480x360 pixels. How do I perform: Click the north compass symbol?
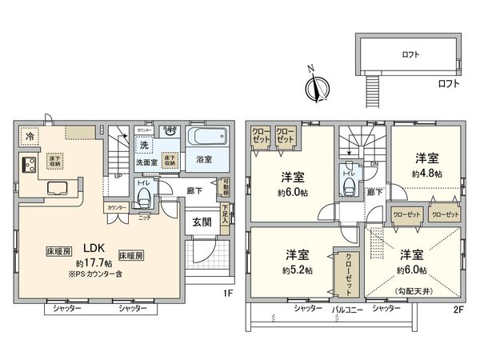[317, 86]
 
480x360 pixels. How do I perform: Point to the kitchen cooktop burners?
[27, 165]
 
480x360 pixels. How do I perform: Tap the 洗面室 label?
[144, 160]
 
